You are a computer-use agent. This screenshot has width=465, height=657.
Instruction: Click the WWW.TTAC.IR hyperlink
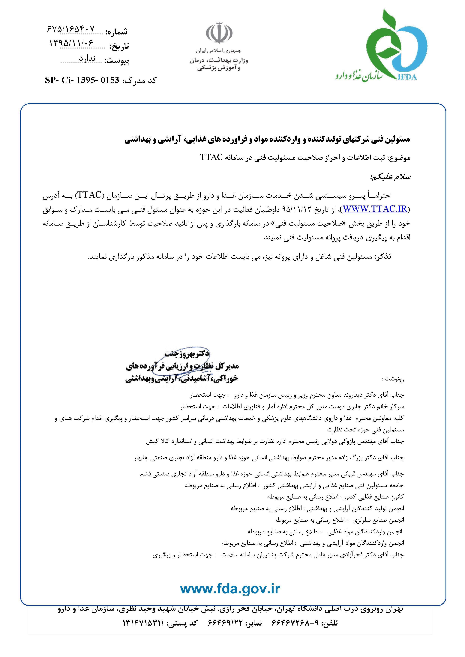tap(375, 209)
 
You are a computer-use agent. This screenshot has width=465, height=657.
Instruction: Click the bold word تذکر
tap(383, 257)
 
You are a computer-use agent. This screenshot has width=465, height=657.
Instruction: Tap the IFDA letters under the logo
tap(407, 77)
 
